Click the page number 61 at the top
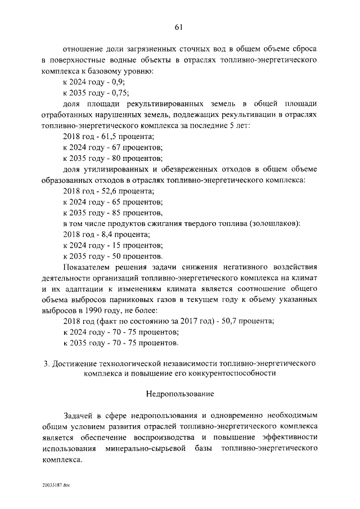tap(180, 26)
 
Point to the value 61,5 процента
tap(129, 137)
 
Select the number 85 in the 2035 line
tap(120, 213)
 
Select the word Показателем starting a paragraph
tap(88, 267)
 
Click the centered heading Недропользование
tap(180, 395)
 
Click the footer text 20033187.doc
tap(55, 484)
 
